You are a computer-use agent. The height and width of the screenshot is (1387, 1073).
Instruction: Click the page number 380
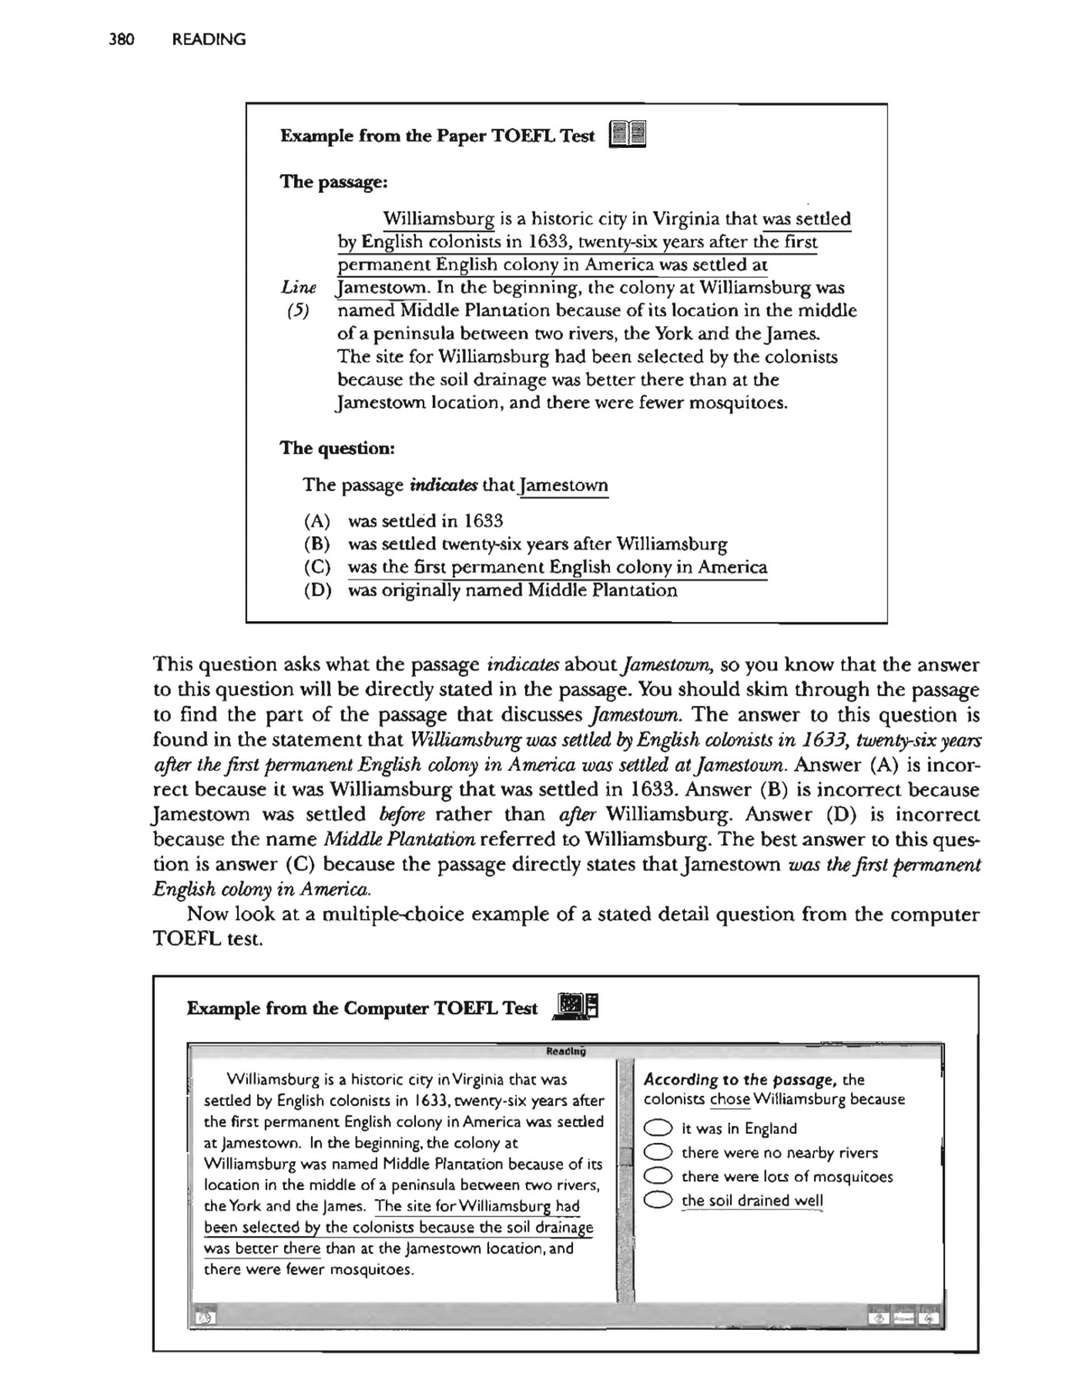(x=122, y=40)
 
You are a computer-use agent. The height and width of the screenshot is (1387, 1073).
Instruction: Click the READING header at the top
(x=209, y=40)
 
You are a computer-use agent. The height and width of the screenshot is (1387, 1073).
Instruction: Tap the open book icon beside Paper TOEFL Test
(x=627, y=135)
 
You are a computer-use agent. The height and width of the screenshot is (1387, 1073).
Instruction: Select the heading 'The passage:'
(x=333, y=182)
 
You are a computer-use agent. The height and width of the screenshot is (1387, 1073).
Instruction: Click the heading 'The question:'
(x=337, y=448)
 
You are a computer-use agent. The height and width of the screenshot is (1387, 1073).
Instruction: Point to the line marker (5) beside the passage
(x=297, y=311)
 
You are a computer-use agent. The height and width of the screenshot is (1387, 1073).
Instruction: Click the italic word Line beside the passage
(x=298, y=288)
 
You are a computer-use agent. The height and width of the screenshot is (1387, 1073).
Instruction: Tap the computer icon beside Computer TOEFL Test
(x=575, y=1007)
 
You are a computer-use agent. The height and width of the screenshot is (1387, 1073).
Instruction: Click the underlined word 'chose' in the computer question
(x=729, y=1100)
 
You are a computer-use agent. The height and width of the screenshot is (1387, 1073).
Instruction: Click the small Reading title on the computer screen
(x=565, y=1051)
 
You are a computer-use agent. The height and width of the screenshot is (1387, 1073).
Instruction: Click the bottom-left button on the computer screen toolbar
(x=204, y=1318)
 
